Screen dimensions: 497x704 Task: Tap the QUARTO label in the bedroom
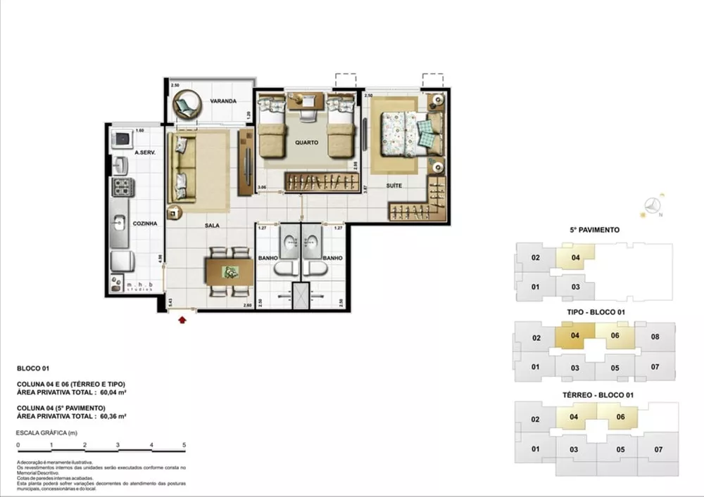point(306,142)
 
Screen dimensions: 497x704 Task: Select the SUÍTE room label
point(394,186)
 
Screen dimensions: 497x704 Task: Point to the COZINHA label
point(144,223)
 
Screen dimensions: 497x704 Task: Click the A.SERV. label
point(144,153)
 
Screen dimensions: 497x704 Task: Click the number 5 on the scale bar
point(184,446)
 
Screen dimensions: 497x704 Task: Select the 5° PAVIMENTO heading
point(594,230)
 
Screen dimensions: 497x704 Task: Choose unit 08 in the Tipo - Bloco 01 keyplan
point(655,336)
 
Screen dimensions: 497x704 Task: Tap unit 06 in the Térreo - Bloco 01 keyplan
point(620,417)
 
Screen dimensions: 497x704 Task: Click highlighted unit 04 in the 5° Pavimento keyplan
point(575,257)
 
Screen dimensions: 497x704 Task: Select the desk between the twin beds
point(305,101)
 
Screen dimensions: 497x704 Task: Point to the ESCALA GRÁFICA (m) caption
point(46,433)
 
